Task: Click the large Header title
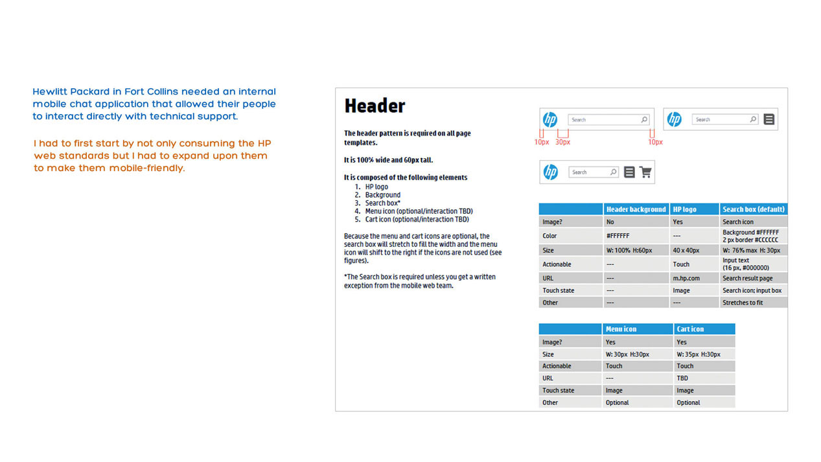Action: click(375, 106)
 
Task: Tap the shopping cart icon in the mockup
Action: click(645, 172)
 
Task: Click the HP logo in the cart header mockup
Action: click(551, 172)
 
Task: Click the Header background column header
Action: click(636, 209)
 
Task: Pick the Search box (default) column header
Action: click(754, 209)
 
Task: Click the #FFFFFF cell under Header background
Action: click(618, 236)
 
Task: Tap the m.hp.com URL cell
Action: click(686, 278)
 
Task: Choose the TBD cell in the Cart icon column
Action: click(682, 378)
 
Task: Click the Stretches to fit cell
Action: click(743, 303)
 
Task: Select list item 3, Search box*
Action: click(382, 203)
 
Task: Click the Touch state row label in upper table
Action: click(559, 291)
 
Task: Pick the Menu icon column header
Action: click(621, 329)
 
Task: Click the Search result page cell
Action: click(747, 278)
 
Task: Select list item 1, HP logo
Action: click(376, 187)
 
